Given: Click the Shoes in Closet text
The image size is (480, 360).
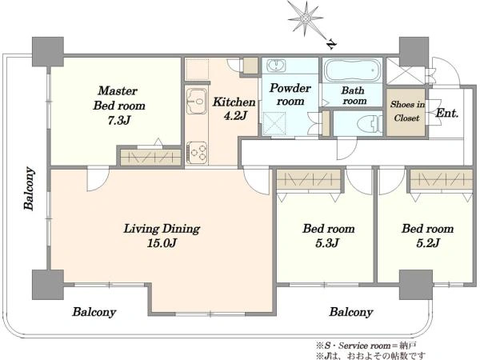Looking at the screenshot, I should [x=408, y=110].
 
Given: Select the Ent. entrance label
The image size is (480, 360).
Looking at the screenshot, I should [x=446, y=114].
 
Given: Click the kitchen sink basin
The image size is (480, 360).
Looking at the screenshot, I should [x=197, y=102].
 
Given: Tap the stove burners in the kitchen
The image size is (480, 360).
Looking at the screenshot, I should [x=198, y=150].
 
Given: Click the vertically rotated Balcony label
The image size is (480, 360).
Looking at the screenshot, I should [x=29, y=188].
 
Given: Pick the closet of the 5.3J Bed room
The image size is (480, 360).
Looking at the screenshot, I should [x=311, y=179].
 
